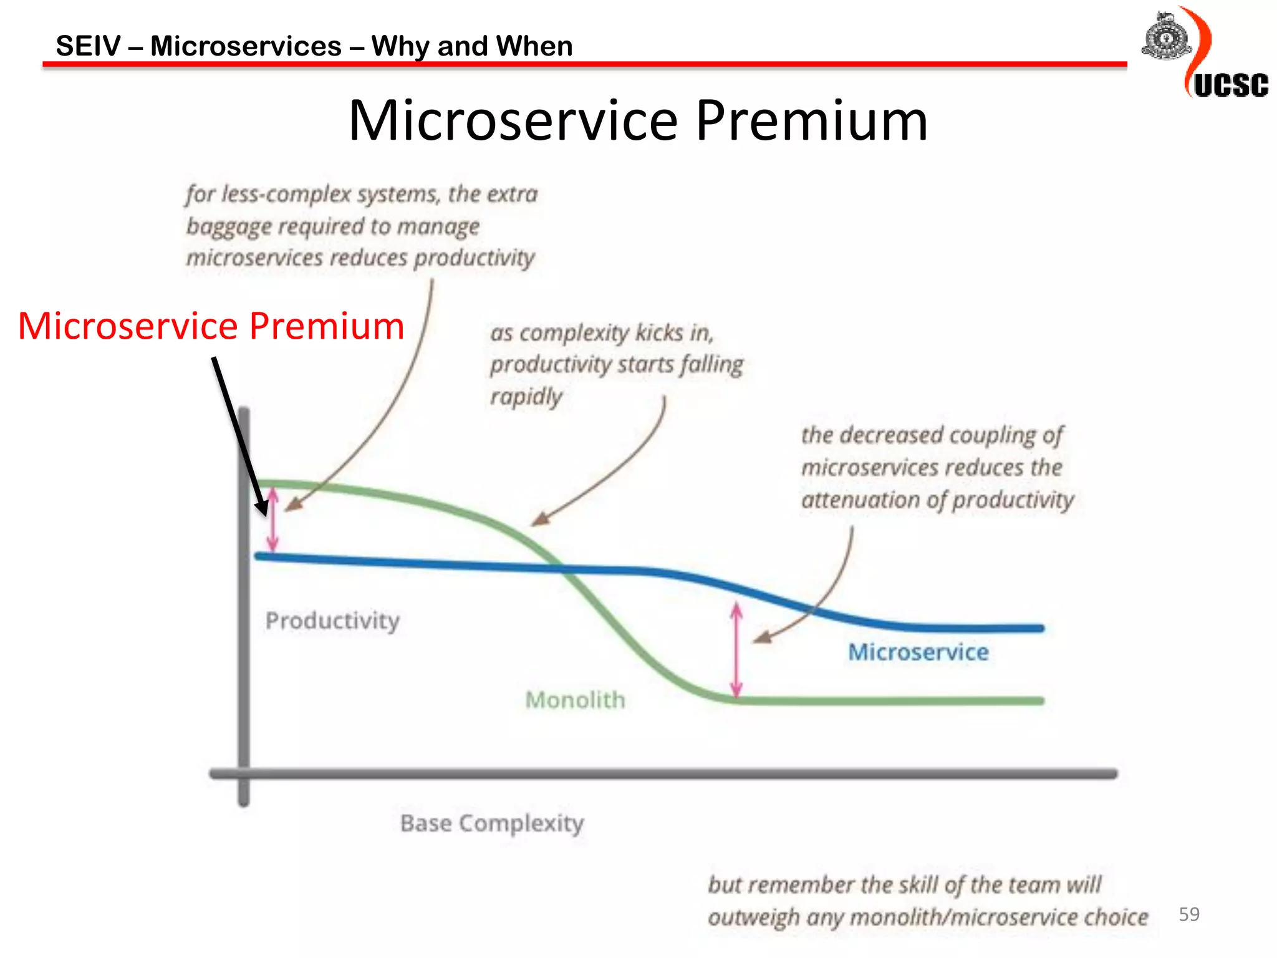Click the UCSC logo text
coord(1231,86)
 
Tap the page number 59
coord(1188,914)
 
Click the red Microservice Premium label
coord(211,326)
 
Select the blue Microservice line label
coord(918,652)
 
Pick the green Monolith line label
coord(575,700)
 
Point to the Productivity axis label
coord(332,621)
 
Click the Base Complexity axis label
coord(492,823)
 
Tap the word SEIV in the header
coord(89,46)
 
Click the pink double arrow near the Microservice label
coord(736,649)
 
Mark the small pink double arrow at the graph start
coord(272,520)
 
